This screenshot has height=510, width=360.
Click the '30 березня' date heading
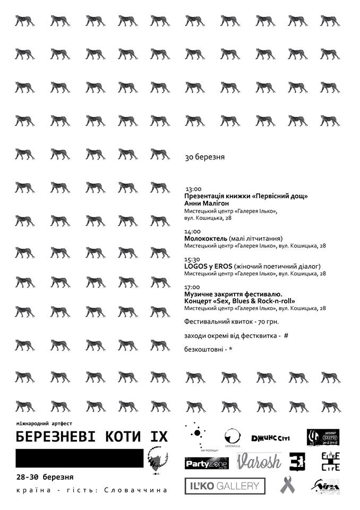coord(205,157)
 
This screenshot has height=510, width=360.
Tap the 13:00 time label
coord(193,189)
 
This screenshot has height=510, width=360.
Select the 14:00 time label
coord(192,231)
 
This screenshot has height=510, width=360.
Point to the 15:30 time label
coord(192,259)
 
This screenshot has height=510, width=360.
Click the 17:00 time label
coord(192,287)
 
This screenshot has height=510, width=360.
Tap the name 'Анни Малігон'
coord(208,203)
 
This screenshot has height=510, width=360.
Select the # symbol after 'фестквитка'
coord(286,336)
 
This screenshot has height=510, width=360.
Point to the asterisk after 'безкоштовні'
coord(232,350)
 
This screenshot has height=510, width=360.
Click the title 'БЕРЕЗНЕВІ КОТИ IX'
coord(91,437)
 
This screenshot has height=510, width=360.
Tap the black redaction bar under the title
coord(80,458)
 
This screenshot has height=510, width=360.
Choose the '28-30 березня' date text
coord(45,477)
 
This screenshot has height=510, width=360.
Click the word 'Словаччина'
coord(141,489)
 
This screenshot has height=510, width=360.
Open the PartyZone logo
coord(207,464)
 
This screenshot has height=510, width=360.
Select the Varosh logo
coord(259,461)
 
